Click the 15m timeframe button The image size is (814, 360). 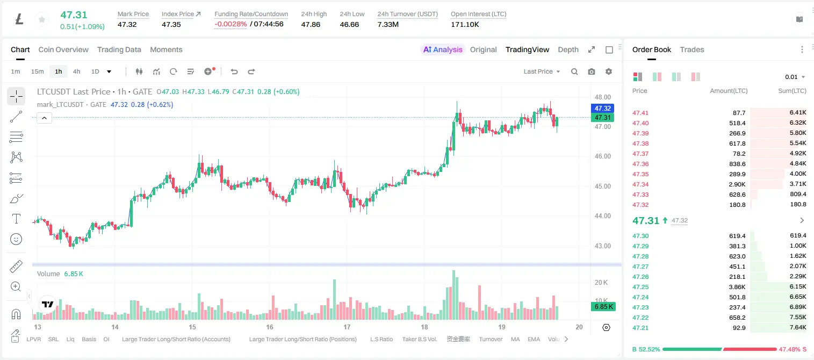tap(37, 71)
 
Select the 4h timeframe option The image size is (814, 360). tap(76, 71)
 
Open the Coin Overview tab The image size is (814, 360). tap(63, 49)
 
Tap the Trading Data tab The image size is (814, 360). tap(119, 49)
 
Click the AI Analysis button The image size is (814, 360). tap(443, 49)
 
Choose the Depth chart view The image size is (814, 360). tap(568, 49)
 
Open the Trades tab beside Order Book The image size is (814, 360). tap(692, 49)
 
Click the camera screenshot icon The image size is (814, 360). tap(592, 71)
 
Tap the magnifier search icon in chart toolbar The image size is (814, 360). tap(574, 71)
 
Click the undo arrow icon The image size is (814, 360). tap(234, 71)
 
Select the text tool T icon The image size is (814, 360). tap(16, 219)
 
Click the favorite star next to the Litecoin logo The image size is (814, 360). tap(42, 19)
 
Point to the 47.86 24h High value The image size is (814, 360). tap(311, 24)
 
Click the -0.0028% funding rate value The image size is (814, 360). tap(230, 24)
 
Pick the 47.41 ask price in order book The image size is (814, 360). tap(640, 113)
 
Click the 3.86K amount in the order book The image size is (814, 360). tap(737, 287)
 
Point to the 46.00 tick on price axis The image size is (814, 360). tap(603, 156)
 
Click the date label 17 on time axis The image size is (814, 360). tap(347, 327)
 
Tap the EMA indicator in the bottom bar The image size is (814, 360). tap(534, 339)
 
